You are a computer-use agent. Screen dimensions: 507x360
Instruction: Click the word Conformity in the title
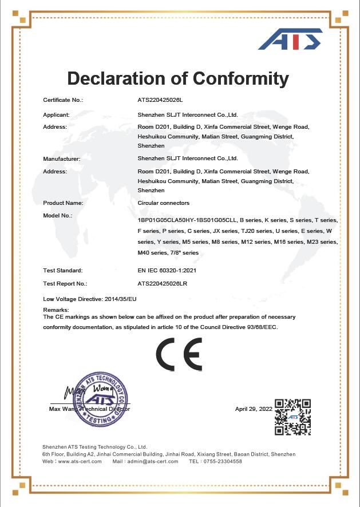click(240, 78)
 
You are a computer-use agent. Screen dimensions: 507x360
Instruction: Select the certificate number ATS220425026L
click(160, 100)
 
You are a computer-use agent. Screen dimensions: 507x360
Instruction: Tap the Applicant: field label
click(56, 115)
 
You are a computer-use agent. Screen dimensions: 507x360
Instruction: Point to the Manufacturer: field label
click(62, 159)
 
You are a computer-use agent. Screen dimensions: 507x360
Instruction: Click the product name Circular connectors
click(164, 203)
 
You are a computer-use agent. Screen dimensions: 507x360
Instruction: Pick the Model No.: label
click(57, 216)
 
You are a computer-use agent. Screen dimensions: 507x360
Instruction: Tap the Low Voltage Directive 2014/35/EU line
click(90, 299)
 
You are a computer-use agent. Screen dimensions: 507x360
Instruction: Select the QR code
click(292, 417)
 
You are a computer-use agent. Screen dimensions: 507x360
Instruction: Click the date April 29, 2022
click(254, 409)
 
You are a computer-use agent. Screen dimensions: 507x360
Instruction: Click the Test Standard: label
click(62, 270)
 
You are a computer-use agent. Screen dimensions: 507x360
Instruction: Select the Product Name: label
click(63, 203)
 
